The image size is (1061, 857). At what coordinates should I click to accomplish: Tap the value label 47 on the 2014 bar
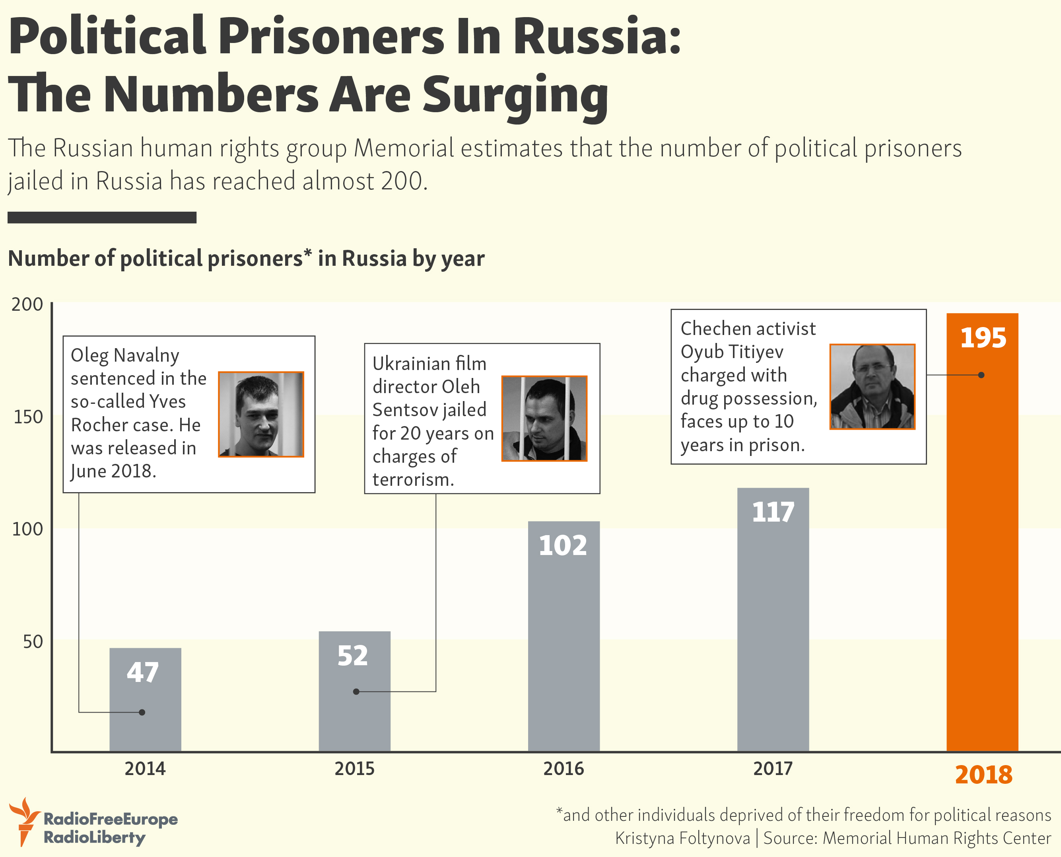(143, 672)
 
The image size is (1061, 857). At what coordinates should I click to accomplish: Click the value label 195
(983, 338)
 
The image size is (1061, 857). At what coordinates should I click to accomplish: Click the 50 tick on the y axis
(33, 641)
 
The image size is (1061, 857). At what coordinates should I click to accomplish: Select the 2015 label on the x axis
(354, 769)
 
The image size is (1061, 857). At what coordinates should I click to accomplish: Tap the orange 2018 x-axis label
(983, 775)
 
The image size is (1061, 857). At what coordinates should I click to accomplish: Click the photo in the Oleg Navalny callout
(261, 414)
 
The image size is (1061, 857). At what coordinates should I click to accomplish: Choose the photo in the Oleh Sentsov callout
(544, 419)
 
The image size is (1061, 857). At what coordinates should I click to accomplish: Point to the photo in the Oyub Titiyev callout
(872, 387)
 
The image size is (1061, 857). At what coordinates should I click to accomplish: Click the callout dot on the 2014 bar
(142, 712)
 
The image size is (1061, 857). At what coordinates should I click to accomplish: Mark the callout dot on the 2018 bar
(981, 375)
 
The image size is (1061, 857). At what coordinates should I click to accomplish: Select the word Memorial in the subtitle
(404, 148)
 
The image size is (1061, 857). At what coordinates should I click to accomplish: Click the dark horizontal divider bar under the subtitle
(102, 218)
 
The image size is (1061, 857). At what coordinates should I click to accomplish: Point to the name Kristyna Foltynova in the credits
(682, 838)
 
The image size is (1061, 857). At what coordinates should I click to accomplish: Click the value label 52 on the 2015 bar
(352, 656)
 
